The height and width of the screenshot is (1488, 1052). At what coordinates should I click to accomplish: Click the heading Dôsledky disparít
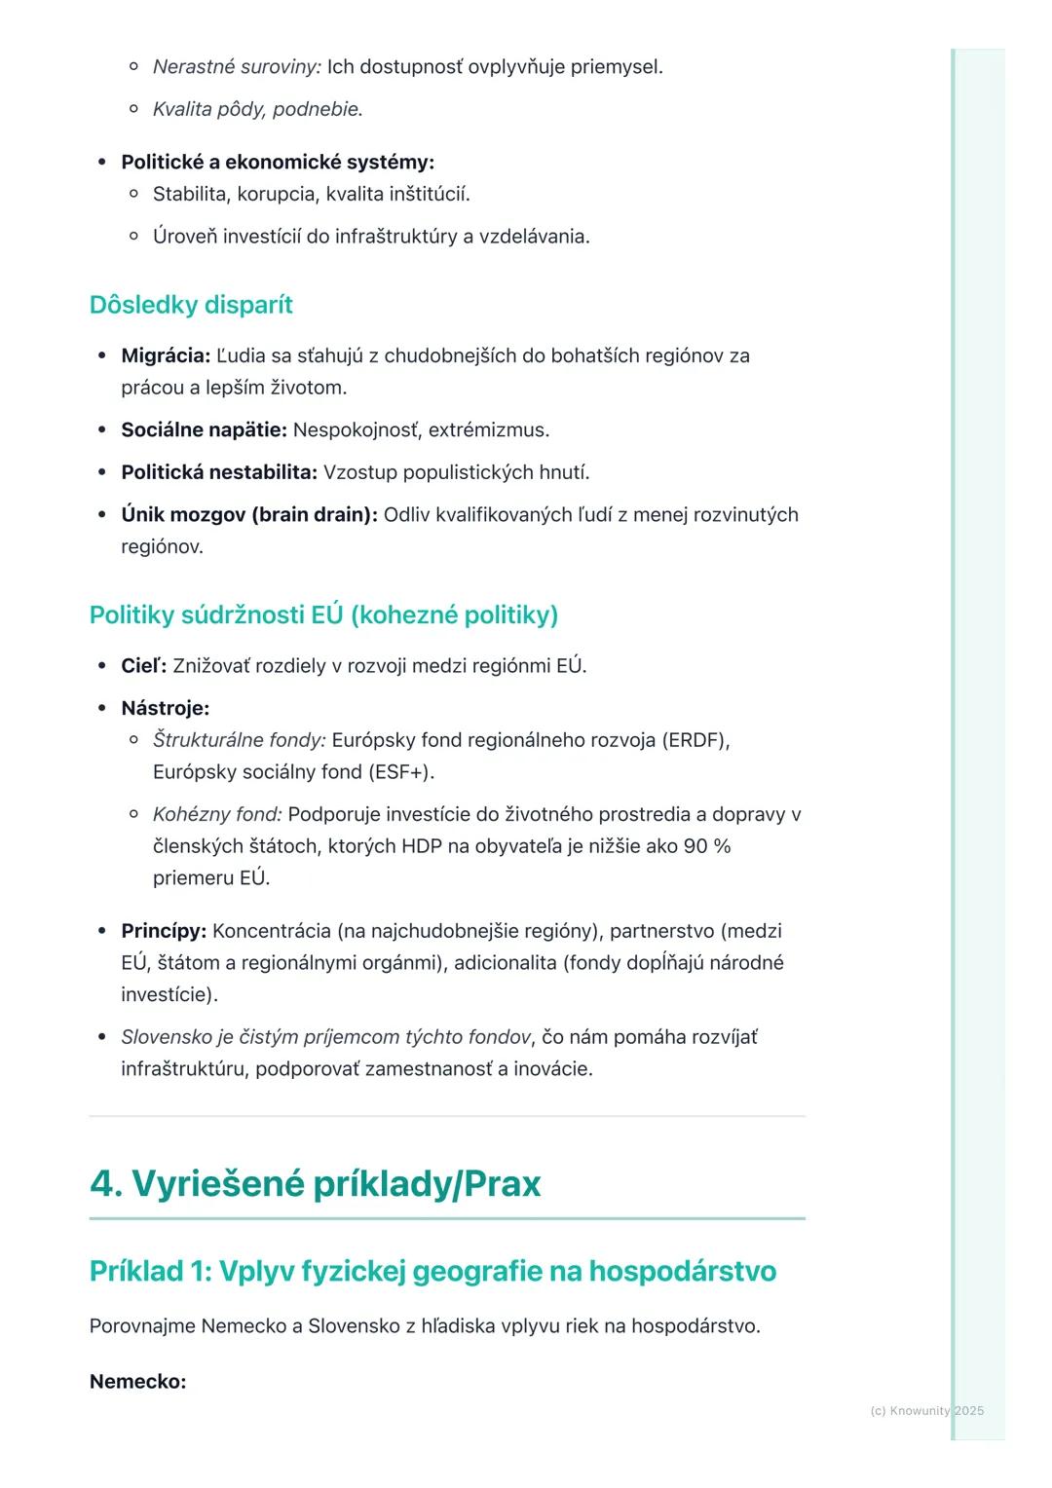pyautogui.click(x=191, y=305)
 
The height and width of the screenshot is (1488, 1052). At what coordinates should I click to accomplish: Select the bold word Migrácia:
pyautogui.click(x=166, y=355)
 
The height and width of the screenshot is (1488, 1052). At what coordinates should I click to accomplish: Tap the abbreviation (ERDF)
pyautogui.click(x=695, y=740)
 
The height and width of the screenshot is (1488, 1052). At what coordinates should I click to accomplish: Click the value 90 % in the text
pyautogui.click(x=706, y=846)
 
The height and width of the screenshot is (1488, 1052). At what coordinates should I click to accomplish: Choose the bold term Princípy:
pyautogui.click(x=164, y=931)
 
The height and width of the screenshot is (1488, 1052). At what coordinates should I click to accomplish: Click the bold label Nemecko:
pyautogui.click(x=137, y=1382)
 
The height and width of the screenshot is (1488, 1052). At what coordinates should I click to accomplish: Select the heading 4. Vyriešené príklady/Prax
pyautogui.click(x=315, y=1183)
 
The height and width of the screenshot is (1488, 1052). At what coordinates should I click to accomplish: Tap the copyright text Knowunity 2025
pyautogui.click(x=926, y=1411)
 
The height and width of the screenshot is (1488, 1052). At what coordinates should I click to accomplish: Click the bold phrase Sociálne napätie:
pyautogui.click(x=204, y=429)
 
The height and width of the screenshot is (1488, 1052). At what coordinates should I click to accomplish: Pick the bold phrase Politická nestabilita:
pyautogui.click(x=219, y=472)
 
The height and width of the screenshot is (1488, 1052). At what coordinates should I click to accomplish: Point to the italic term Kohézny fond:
pyautogui.click(x=217, y=814)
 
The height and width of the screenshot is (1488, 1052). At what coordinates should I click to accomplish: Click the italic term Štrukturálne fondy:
pyautogui.click(x=239, y=740)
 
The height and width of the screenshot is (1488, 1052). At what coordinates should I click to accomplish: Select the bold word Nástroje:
pyautogui.click(x=166, y=708)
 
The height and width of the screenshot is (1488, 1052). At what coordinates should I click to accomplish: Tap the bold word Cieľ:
pyautogui.click(x=143, y=666)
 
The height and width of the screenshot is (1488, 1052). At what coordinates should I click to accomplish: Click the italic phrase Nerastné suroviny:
pyautogui.click(x=237, y=67)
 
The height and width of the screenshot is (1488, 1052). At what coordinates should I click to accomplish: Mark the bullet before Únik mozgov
pyautogui.click(x=101, y=515)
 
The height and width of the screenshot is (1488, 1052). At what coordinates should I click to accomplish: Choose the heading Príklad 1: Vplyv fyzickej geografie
pyautogui.click(x=432, y=1271)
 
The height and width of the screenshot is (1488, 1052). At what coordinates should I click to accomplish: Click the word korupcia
pyautogui.click(x=276, y=194)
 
